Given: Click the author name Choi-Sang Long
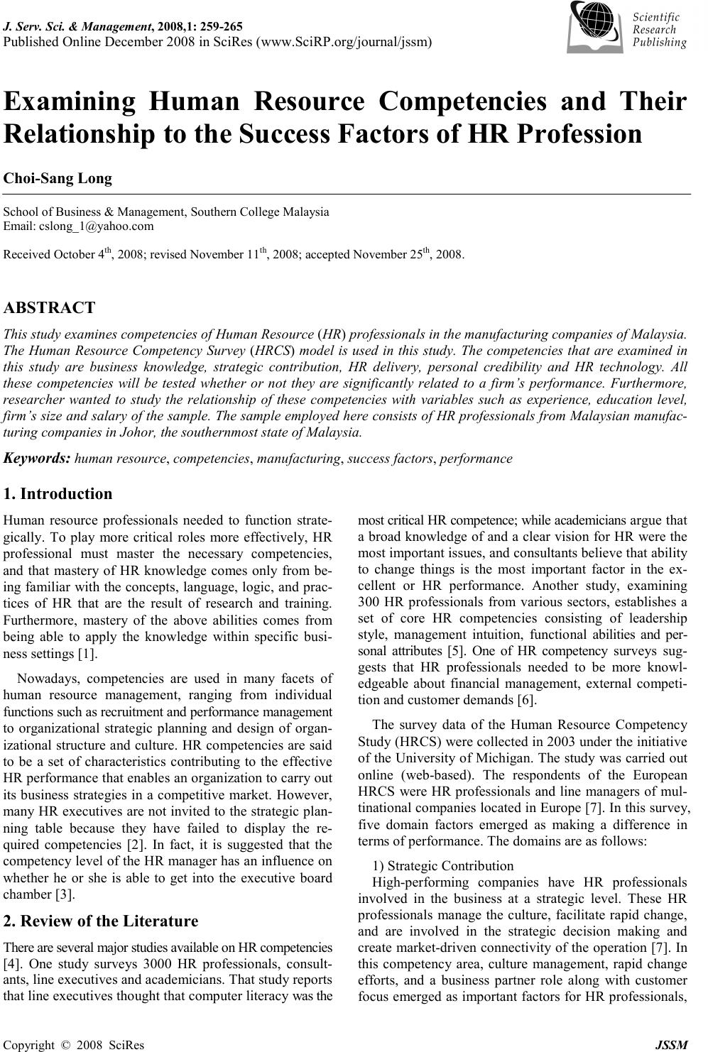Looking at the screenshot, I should click(58, 178).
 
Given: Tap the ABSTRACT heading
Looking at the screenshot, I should click(49, 307).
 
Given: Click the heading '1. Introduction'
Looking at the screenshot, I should click(58, 493).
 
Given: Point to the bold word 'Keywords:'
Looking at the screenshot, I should click(37, 458).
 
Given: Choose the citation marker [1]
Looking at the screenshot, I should click(87, 653).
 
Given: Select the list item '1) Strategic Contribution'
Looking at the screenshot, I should click(442, 865).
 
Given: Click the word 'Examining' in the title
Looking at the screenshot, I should click(70, 102).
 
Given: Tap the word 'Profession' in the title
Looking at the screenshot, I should click(575, 133).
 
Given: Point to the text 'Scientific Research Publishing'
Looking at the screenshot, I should click(659, 30).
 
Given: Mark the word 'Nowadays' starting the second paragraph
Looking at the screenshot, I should click(46, 678).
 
